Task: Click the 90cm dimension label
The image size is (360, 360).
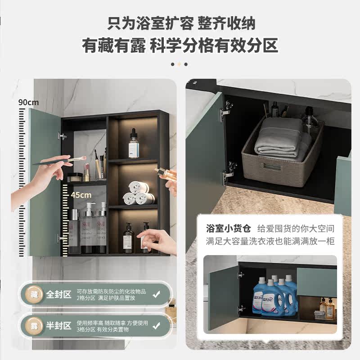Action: pyautogui.click(x=27, y=102)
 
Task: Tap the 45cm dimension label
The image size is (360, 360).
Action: pyautogui.click(x=81, y=195)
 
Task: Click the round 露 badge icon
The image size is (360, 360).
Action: pyautogui.click(x=35, y=325)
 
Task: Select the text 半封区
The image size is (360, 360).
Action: pyautogui.click(x=59, y=325)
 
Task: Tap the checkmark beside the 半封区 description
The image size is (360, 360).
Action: pyautogui.click(x=156, y=325)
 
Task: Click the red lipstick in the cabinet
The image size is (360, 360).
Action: pyautogui.click(x=86, y=173)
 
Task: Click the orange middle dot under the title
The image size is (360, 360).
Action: pyautogui.click(x=179, y=64)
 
